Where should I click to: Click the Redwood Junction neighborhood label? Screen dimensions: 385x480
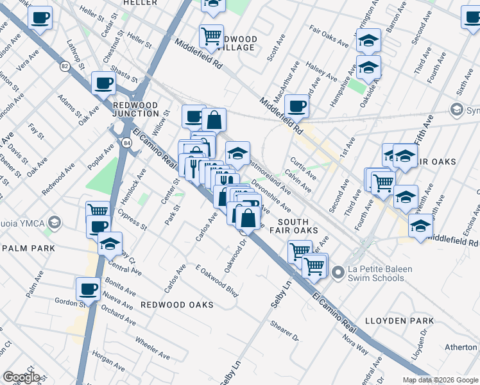tap(135, 110)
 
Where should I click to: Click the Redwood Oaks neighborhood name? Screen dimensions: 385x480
tap(176, 305)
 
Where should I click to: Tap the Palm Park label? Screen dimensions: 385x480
tap(26, 248)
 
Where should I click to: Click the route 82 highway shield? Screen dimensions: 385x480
tap(65, 65)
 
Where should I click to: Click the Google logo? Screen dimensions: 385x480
tap(21, 377)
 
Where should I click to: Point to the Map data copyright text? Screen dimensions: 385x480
tap(440, 380)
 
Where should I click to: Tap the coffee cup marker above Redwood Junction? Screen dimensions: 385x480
tap(103, 82)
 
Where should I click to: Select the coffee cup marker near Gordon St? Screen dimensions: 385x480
tap(88, 288)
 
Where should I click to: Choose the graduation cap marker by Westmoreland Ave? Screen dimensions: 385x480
tap(237, 153)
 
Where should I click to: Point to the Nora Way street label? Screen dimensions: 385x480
tap(355, 343)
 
